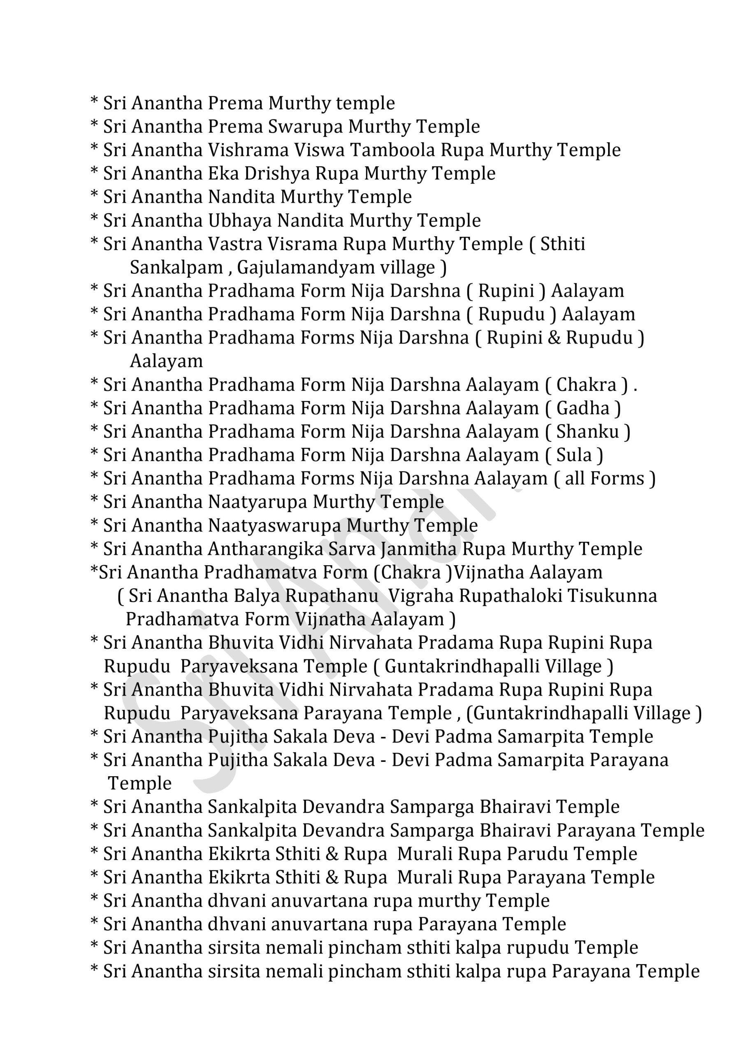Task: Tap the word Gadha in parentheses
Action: coord(583,408)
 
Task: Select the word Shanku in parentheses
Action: coord(588,431)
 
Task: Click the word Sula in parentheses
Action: coord(574,455)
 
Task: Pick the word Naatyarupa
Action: coord(258,502)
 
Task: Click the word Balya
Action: coord(257,596)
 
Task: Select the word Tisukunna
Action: coord(612,596)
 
